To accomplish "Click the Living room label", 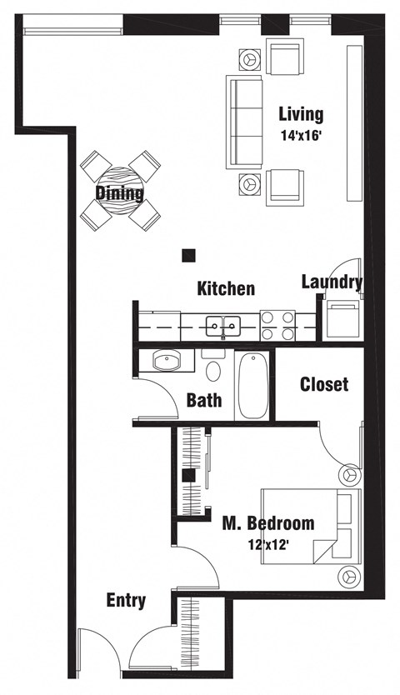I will (x=301, y=114).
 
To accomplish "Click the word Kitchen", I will (x=226, y=289).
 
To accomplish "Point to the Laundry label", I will (x=332, y=282).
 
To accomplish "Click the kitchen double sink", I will (x=223, y=325).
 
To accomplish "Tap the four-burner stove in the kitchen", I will (x=277, y=325).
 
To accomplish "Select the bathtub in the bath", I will (x=252, y=387).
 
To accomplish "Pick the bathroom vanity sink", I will (x=167, y=362).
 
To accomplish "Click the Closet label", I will (x=324, y=384).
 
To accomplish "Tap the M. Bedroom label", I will (x=267, y=523).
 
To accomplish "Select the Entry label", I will (x=127, y=600).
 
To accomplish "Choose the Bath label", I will (x=204, y=400).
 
